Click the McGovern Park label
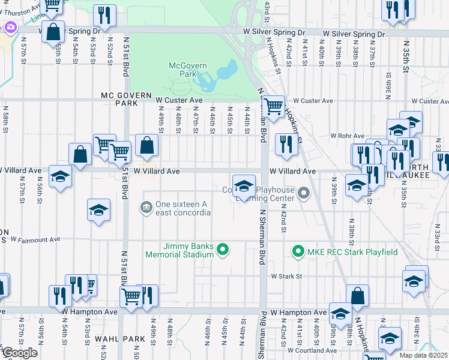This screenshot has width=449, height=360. tap(182, 69)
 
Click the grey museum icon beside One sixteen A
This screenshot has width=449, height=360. tap(146, 208)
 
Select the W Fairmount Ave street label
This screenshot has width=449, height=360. tap(35, 240)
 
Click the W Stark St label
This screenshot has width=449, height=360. tap(285, 277)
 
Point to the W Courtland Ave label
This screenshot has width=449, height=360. tap(312, 350)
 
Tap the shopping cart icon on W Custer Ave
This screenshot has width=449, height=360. tap(274, 106)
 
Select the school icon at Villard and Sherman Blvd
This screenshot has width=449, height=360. tap(243, 185)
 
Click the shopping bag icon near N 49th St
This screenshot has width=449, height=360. tap(146, 144)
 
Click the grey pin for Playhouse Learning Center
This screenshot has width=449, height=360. tap(304, 193)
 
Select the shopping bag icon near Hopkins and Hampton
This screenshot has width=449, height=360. tap(357, 295)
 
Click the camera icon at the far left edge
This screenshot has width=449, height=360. tap(10, 27)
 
